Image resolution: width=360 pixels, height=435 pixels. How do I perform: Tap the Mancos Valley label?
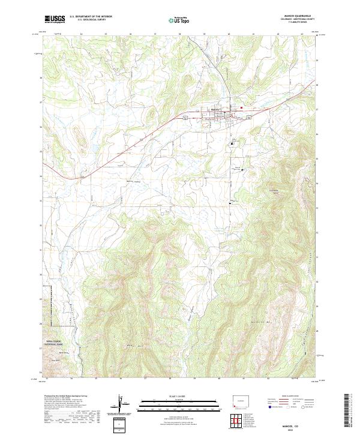(x=131, y=181)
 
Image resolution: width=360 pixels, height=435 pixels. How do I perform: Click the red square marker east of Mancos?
(x=241, y=108)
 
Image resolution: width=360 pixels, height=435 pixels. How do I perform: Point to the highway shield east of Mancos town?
(x=248, y=118)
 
